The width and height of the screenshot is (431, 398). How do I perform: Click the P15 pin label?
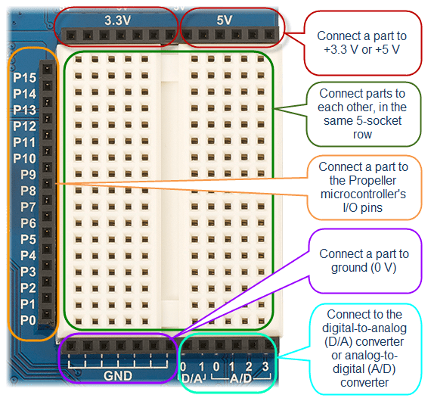[24, 77]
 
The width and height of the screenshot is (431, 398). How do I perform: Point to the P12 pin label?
[24, 126]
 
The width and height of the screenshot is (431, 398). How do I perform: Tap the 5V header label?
[224, 20]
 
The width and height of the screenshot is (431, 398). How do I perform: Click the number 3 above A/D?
[265, 368]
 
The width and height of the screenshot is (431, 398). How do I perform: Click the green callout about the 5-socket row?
[362, 113]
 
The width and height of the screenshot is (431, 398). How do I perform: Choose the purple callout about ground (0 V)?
[364, 261]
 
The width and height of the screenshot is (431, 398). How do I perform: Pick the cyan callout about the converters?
[363, 347]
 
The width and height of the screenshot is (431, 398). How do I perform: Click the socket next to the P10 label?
[48, 158]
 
